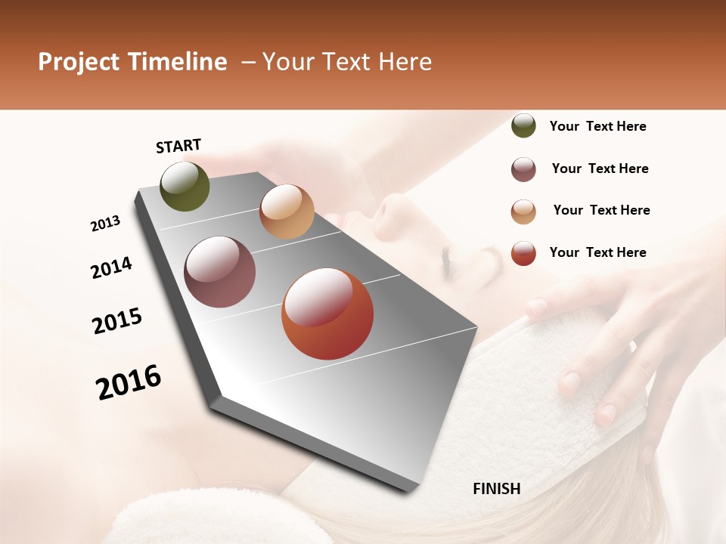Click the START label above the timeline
pos(178,146)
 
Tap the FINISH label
pos(497,489)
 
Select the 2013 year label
pos(106,224)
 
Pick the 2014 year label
pos(111,267)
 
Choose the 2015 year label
pos(117,321)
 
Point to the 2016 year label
pos(129,382)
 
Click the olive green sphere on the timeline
pos(185,187)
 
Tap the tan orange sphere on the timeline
pos(287,212)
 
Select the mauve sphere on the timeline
pos(219,272)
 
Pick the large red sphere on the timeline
pos(327,314)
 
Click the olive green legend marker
pos(523,126)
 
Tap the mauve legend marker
pos(523,169)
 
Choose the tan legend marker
pos(523,212)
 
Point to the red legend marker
pos(523,253)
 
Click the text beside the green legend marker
pos(597,126)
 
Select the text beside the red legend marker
pos(597,252)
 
